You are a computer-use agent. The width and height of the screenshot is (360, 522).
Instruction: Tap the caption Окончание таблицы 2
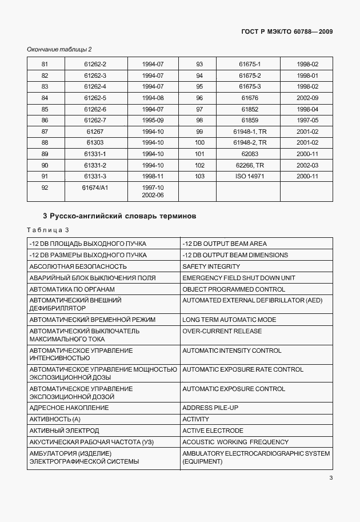(x=59, y=50)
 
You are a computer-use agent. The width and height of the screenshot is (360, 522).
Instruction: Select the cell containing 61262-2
(x=95, y=65)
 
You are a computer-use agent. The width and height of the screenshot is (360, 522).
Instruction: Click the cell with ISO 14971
(x=250, y=176)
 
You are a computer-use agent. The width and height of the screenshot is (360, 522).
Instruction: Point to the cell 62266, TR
(x=250, y=165)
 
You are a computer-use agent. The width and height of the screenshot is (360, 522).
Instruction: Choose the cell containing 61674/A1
(x=95, y=188)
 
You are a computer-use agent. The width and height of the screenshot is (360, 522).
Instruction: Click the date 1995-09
(x=153, y=121)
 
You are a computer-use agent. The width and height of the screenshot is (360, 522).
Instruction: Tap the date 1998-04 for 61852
(x=307, y=109)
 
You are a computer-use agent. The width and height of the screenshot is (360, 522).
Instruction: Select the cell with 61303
(x=95, y=143)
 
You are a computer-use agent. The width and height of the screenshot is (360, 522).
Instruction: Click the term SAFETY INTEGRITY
(x=211, y=266)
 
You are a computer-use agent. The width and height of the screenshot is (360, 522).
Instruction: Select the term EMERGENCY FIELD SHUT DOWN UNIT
(x=238, y=278)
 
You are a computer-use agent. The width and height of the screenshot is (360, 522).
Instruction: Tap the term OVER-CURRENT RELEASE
(x=222, y=331)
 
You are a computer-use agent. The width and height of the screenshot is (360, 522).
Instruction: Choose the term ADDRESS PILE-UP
(x=209, y=408)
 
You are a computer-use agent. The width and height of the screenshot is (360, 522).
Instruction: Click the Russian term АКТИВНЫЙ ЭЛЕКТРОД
(x=64, y=431)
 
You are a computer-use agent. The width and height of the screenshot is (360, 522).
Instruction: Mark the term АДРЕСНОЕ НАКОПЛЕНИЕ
(x=69, y=408)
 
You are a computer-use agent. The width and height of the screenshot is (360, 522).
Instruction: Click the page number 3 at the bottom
(x=331, y=479)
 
